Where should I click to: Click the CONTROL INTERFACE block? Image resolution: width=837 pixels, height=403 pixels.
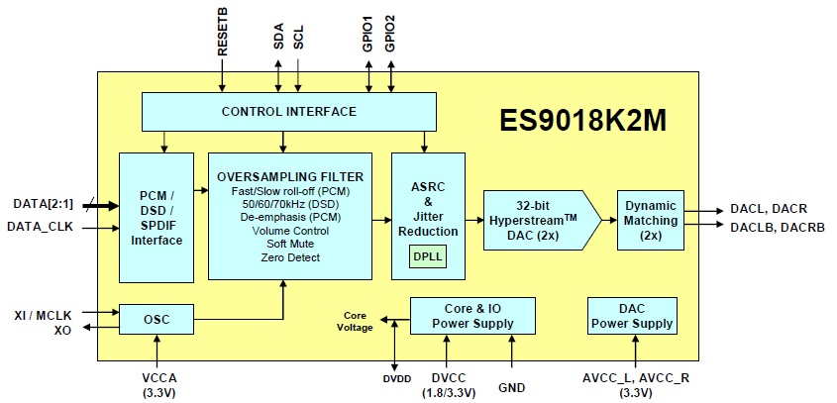point(288,111)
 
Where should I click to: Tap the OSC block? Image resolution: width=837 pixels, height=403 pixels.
point(156,319)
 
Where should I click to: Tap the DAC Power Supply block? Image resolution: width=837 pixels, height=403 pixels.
point(630,316)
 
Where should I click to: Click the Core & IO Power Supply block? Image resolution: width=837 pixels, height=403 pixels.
point(472,316)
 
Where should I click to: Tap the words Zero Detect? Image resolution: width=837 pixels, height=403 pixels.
point(289,258)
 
